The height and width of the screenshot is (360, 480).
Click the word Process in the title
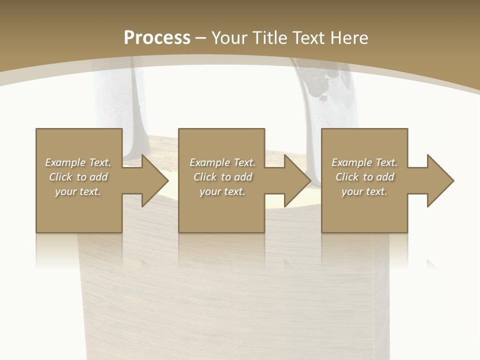tap(157, 38)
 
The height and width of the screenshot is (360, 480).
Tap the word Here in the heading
tap(348, 38)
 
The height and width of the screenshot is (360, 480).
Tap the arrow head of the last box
tap(439, 180)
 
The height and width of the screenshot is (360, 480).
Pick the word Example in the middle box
tap(209, 162)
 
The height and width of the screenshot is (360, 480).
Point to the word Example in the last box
tap(351, 162)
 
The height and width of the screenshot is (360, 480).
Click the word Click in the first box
tap(60, 177)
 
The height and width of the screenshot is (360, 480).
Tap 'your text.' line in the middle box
tap(222, 191)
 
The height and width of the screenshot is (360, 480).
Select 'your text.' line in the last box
tap(364, 191)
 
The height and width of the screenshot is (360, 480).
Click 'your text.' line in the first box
tap(78, 191)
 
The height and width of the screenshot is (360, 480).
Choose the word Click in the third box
tap(347, 177)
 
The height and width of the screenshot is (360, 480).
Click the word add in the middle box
tap(243, 177)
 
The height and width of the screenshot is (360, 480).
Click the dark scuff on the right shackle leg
tap(317, 85)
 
